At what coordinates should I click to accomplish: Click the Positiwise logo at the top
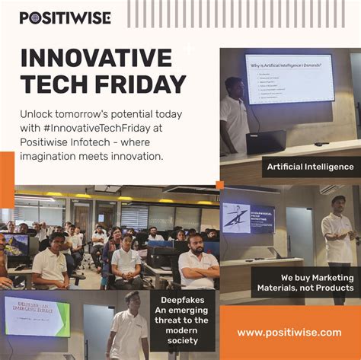point(65,17)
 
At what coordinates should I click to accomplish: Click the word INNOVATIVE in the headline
point(96,58)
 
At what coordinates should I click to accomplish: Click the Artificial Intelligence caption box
point(309,166)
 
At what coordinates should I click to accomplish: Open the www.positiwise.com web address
point(289,332)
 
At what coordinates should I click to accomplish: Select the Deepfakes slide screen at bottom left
point(37,317)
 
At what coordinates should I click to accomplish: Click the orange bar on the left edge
point(7,168)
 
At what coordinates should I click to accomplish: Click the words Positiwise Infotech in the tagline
point(69,142)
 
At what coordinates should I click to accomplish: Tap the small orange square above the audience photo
point(219,184)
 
